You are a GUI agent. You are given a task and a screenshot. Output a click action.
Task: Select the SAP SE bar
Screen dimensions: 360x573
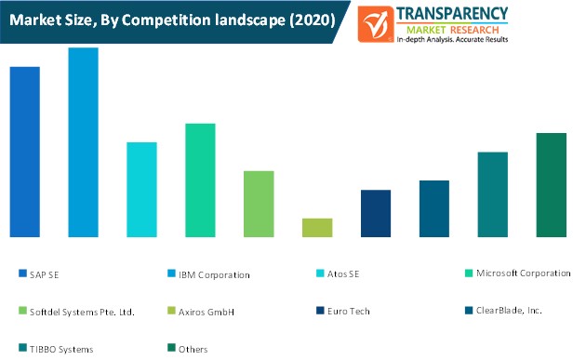pos(24,152)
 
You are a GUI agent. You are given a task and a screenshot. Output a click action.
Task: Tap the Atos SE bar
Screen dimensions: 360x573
pos(141,190)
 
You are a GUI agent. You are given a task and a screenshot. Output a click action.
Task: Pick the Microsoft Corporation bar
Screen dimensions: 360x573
pos(200,180)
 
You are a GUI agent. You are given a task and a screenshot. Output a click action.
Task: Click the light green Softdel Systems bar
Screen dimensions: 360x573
pos(259,204)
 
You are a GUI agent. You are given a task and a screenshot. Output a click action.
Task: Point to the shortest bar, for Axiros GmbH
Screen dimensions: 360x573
pos(317,228)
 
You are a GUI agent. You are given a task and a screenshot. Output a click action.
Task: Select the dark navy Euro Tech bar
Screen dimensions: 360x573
pos(376,213)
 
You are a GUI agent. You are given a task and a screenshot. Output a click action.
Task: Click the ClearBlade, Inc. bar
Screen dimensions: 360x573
pos(434,208)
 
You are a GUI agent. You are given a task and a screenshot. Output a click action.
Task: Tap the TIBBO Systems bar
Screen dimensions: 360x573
pos(492,194)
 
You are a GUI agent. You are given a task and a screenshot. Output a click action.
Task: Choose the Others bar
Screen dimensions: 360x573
pos(551,185)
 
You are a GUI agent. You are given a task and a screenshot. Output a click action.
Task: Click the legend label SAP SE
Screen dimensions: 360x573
pos(44,274)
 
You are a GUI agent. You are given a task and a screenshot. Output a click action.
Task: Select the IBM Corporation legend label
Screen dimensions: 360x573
pos(214,274)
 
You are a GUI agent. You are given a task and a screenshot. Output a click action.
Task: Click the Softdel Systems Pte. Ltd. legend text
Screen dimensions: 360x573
pos(82,312)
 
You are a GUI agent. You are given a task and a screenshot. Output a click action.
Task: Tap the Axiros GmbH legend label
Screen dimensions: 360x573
pos(207,312)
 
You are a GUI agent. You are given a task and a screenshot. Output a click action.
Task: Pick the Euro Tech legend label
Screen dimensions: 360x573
pos(348,312)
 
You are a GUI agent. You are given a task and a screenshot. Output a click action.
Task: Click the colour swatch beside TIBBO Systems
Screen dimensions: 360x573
pos(22,349)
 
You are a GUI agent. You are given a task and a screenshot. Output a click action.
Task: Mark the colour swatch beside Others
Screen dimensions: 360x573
pos(171,349)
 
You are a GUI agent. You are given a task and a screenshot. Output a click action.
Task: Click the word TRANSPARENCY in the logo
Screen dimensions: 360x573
pos(453,12)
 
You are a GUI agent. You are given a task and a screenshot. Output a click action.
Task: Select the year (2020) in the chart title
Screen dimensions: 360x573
pos(310,20)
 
